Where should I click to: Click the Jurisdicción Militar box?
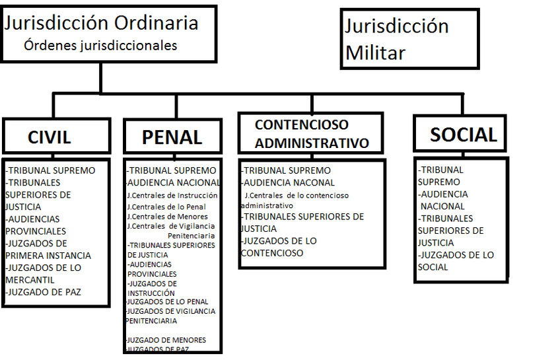click(409, 39)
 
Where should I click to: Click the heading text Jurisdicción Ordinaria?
click(101, 22)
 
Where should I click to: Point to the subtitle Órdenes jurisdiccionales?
click(100, 46)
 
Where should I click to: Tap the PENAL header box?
click(172, 137)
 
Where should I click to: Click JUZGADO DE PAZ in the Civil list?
click(44, 292)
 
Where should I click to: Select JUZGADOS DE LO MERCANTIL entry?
click(43, 273)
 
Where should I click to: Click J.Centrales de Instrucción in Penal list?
click(172, 196)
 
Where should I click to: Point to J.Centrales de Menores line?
click(167, 216)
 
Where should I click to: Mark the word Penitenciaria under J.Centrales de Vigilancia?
click(191, 235)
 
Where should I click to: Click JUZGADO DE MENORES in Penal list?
click(166, 340)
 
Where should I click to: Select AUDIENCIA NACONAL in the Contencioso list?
click(288, 182)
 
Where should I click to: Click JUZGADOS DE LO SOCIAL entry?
click(456, 261)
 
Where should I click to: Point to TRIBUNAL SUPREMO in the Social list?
click(441, 176)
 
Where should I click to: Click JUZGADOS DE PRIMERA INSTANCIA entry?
click(48, 249)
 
